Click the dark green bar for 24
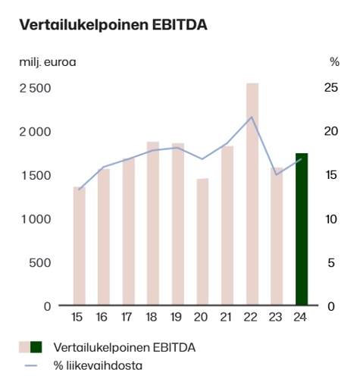(302, 229)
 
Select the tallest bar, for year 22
(252, 194)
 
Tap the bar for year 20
(202, 242)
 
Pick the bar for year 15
(80, 246)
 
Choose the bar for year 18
(153, 224)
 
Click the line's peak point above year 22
(252, 117)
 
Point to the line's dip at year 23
(277, 174)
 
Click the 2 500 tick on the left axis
(35, 89)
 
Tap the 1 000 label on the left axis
(36, 219)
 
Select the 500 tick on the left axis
(40, 263)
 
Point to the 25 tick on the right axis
(331, 88)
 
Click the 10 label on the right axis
(331, 219)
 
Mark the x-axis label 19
(176, 317)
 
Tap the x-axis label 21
(226, 317)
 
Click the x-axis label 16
(102, 317)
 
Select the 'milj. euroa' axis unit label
(48, 62)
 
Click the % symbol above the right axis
(334, 62)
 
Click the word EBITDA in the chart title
(180, 25)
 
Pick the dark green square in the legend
(36, 347)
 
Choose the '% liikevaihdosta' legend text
(98, 365)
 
